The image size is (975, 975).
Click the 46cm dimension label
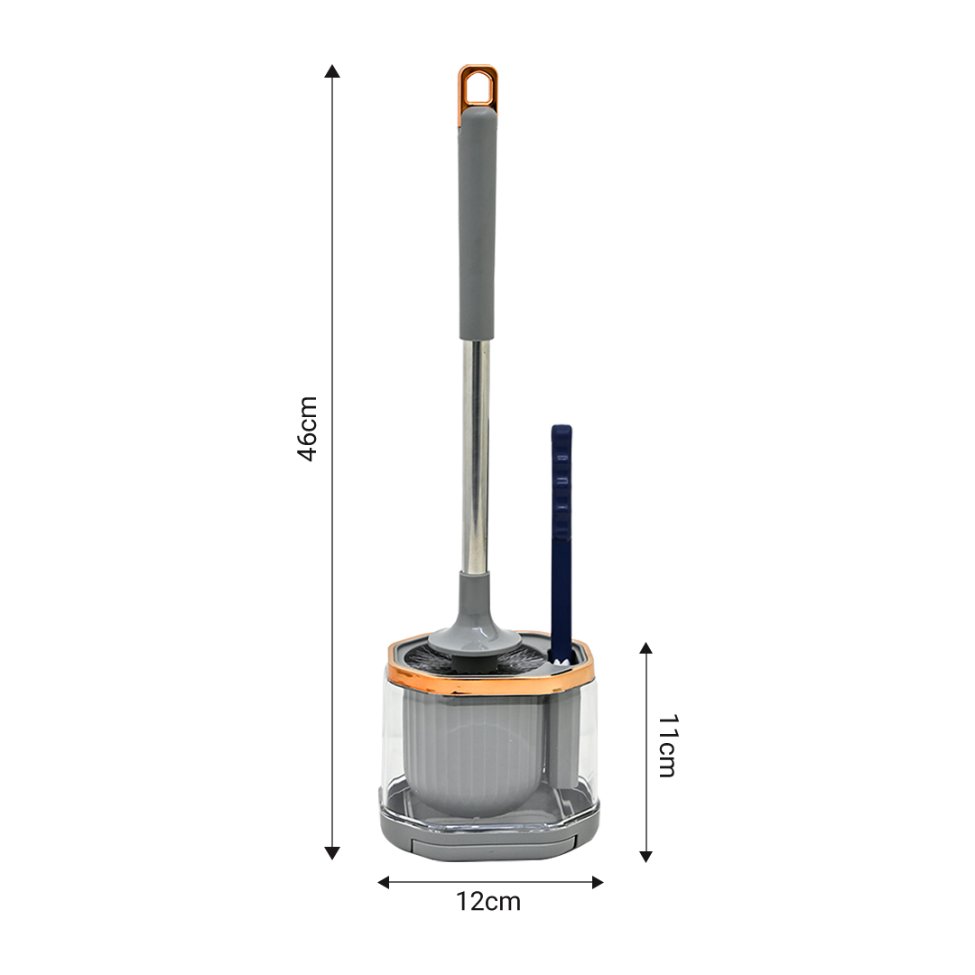pos(308,428)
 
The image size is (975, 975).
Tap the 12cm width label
pos(488,901)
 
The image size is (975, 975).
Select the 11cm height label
pos(666,745)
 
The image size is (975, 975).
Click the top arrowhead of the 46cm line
pos(332,71)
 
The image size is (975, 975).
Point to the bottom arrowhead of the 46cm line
pos(332,852)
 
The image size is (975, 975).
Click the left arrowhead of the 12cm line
pos(384,882)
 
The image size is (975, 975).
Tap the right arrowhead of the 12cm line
pos(597,882)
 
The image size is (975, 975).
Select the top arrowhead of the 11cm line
pos(645,647)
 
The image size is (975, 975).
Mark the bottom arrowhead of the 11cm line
pos(645,856)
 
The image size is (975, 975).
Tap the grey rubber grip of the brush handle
pos(477,226)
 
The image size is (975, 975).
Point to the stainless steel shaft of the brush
pos(476,451)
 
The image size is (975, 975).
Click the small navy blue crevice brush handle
pos(561,524)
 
